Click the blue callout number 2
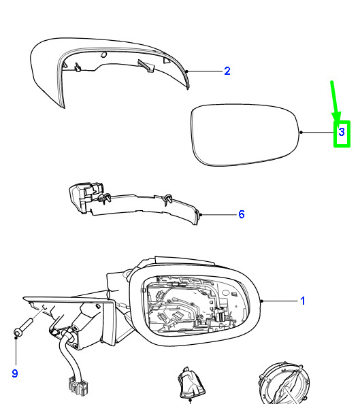click(227, 71)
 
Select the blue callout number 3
click(342, 132)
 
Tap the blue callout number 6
click(242, 214)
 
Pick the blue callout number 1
click(303, 301)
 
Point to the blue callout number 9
click(15, 373)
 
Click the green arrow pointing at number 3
click(335, 101)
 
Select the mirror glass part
click(245, 135)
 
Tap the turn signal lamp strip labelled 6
click(134, 203)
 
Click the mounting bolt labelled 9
click(24, 327)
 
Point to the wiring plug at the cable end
click(78, 386)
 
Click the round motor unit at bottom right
click(284, 383)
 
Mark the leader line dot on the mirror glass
click(301, 133)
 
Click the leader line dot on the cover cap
click(187, 71)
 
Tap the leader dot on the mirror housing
click(262, 301)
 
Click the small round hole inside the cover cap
click(103, 54)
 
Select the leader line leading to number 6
click(219, 215)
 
